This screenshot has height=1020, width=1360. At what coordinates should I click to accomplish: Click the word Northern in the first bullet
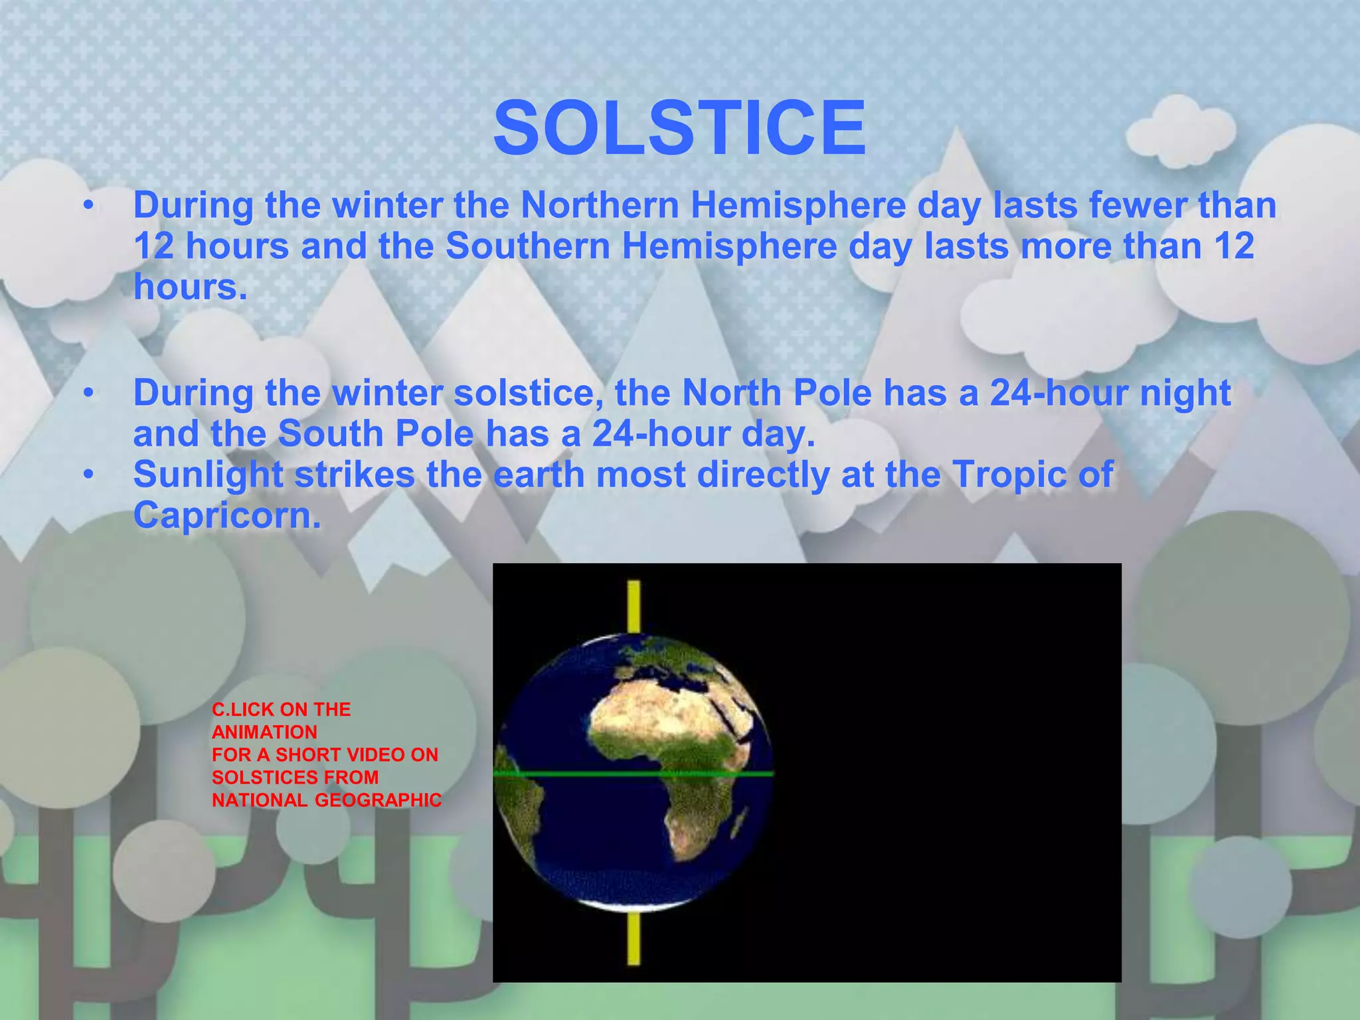(x=599, y=205)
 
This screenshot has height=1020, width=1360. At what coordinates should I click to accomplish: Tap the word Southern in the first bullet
(x=528, y=246)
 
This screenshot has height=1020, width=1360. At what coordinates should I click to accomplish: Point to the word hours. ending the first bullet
(x=191, y=288)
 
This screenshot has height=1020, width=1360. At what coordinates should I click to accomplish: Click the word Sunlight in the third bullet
(x=208, y=475)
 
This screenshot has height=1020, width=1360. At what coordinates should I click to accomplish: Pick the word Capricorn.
(x=227, y=515)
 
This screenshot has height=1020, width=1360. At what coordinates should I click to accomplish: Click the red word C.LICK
(x=243, y=710)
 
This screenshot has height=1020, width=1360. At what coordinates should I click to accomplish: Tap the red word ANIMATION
(x=264, y=732)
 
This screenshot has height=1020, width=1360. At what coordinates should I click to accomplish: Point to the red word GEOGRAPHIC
(x=378, y=800)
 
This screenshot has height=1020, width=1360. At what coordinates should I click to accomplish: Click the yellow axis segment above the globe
(x=634, y=606)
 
